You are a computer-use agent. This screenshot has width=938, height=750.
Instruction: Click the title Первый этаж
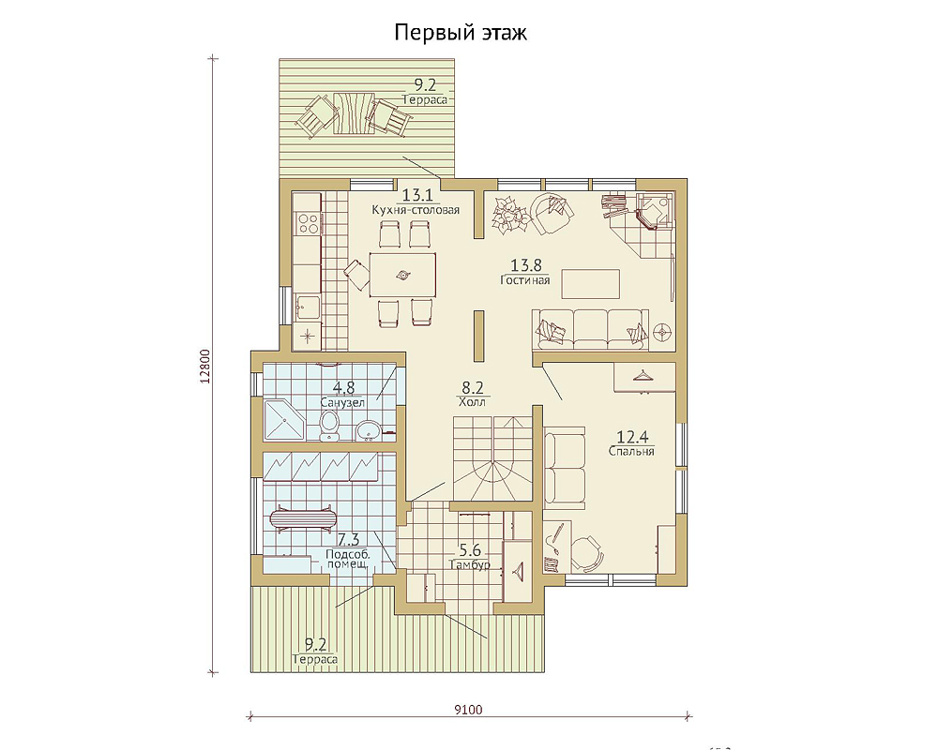[460, 33]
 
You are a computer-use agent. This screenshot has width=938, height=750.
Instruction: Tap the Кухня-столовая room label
[416, 210]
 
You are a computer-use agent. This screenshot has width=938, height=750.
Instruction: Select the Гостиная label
[524, 280]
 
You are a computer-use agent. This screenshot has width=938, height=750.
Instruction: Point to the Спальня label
[631, 451]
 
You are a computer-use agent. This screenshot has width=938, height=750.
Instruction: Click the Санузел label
[342, 402]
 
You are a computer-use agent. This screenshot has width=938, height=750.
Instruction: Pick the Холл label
[472, 402]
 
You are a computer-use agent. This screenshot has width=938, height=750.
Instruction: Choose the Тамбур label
[470, 564]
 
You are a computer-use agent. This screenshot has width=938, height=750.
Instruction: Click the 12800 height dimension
[204, 366]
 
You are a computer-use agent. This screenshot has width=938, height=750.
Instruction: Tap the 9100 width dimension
[468, 710]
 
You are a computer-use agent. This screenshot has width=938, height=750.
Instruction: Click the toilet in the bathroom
[329, 427]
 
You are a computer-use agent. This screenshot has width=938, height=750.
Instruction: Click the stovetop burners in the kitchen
[308, 223]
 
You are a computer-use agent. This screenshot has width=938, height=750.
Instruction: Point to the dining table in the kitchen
[402, 275]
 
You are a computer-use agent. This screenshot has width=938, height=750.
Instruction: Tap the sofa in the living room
[590, 329]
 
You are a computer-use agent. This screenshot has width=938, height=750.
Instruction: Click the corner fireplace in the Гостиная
[654, 210]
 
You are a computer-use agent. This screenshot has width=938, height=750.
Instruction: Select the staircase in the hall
[492, 458]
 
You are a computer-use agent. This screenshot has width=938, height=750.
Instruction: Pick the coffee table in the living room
[590, 283]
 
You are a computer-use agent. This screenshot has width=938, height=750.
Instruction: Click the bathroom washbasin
[368, 429]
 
